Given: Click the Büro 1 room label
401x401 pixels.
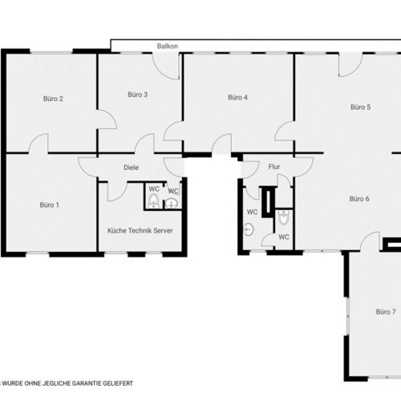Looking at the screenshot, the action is click(49, 205).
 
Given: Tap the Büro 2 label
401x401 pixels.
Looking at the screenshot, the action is click(53, 99).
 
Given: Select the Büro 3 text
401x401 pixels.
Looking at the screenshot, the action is click(137, 95).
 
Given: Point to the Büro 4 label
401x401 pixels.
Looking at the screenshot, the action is click(237, 97).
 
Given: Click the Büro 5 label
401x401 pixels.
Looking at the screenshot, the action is click(361, 107).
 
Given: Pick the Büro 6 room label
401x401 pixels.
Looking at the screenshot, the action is click(359, 199).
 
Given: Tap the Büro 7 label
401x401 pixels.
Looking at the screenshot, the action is click(386, 312).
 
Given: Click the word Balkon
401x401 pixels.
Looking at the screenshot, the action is click(168, 47).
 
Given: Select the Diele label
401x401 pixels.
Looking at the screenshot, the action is click(131, 168).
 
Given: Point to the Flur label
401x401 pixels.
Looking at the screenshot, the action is click(274, 167).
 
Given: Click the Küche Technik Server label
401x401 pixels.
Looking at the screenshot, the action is click(140, 230).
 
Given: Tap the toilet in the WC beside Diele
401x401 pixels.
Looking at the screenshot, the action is click(153, 200).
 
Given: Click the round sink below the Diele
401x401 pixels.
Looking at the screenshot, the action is click(171, 204).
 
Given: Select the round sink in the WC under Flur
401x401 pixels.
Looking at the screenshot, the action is click(249, 229).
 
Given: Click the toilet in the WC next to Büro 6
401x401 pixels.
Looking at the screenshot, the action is click(284, 217).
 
